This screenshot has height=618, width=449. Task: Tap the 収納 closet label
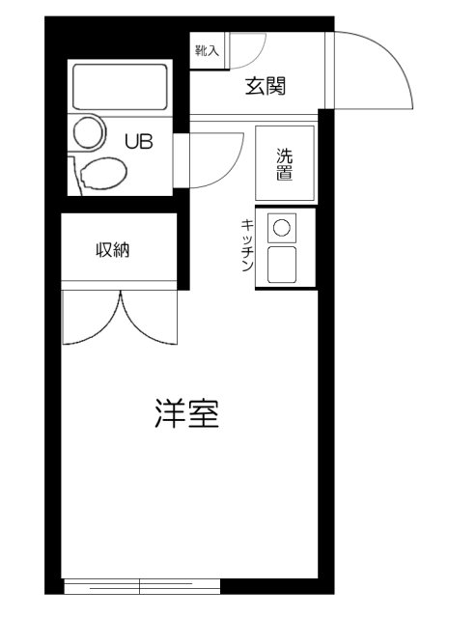pos(112,250)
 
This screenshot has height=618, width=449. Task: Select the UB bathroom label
pos(138,141)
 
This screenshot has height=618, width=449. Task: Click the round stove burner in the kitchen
pos(281,228)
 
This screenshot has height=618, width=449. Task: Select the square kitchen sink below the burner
pos(281,266)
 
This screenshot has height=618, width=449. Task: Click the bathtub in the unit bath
pos(121,88)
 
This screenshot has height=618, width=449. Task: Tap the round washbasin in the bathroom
pos(90,132)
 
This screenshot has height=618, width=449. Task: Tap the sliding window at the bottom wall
pos(142,585)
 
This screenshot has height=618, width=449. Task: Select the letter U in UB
pos(131,141)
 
